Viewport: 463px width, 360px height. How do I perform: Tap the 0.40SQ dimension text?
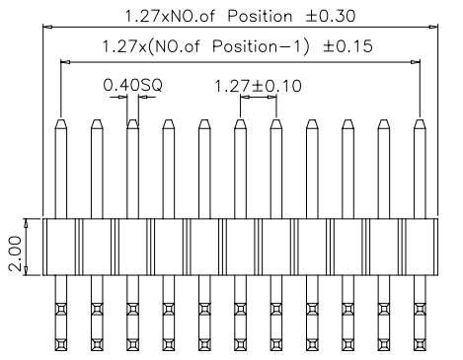pyautogui.click(x=132, y=86)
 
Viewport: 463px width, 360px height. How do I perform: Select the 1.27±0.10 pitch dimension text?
pyautogui.click(x=259, y=86)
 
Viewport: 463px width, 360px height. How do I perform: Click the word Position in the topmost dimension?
pyautogui.click(x=261, y=17)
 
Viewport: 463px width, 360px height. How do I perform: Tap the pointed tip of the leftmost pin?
pyautogui.click(x=61, y=123)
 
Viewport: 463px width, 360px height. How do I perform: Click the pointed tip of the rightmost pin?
pyautogui.click(x=421, y=123)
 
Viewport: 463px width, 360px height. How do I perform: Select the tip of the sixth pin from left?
pyautogui.click(x=241, y=123)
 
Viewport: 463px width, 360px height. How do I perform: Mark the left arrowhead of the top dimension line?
pyautogui.click(x=45, y=29)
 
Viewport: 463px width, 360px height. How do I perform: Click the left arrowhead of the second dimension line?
pyautogui.click(x=65, y=61)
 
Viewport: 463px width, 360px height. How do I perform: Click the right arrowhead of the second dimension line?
pyautogui.click(x=417, y=61)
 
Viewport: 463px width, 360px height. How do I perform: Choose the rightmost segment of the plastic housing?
pyautogui.click(x=421, y=246)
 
